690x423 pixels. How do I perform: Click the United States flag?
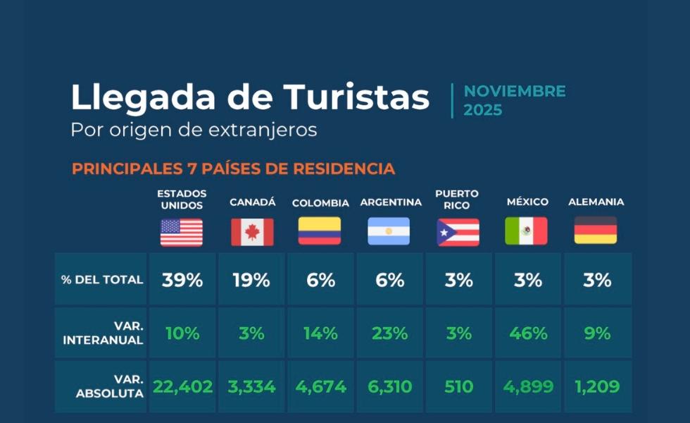(182, 232)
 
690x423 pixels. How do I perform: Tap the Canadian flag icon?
(252, 232)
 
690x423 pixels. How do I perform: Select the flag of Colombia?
(320, 231)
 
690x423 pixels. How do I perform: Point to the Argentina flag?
(389, 231)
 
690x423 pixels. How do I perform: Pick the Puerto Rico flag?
(458, 232)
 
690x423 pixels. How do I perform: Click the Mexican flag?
(527, 231)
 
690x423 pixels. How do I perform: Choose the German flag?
(596, 231)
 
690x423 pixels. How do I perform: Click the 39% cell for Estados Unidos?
(182, 280)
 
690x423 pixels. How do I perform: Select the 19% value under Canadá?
(251, 280)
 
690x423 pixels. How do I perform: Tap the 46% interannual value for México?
(527, 333)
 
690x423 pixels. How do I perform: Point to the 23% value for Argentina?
(389, 333)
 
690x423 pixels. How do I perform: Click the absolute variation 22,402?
(182, 387)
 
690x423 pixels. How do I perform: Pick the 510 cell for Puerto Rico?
(458, 387)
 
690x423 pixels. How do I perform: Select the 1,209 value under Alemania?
(597, 387)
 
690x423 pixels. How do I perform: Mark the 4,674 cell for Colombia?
(320, 387)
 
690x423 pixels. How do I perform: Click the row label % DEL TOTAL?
(102, 280)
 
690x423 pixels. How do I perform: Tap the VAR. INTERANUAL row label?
(103, 333)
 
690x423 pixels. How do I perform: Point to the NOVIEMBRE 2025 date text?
(515, 101)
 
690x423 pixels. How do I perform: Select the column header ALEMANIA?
(596, 202)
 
